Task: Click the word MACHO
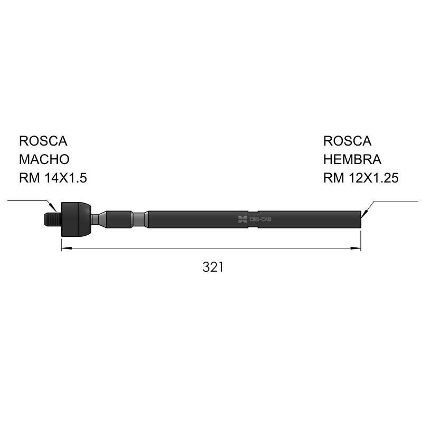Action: click(44, 159)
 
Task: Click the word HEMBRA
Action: click(352, 159)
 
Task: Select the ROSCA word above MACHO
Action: click(43, 141)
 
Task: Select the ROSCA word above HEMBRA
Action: click(347, 141)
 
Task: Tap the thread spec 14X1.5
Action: click(65, 178)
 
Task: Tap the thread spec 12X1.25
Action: click(373, 178)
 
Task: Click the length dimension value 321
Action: click(213, 267)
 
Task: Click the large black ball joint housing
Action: click(76, 219)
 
